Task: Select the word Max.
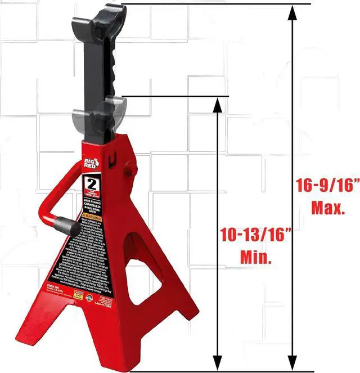pyautogui.click(x=328, y=208)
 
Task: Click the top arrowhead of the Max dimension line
pyautogui.click(x=292, y=12)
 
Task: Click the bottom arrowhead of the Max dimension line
pyautogui.click(x=292, y=363)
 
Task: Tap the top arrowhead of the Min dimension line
pyautogui.click(x=216, y=105)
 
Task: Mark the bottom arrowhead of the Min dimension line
pyautogui.click(x=216, y=363)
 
